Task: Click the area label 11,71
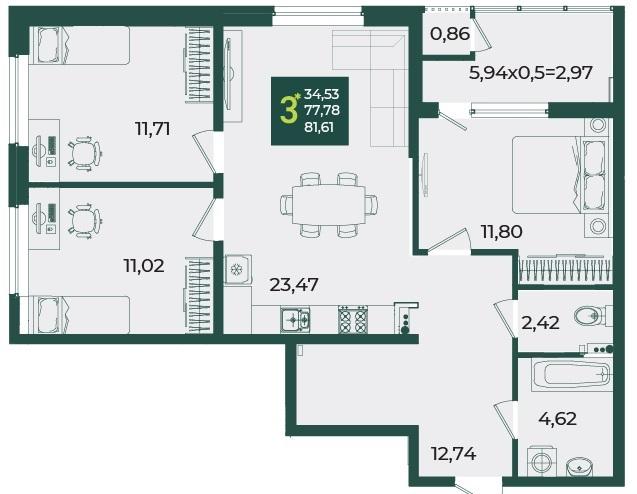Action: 152,129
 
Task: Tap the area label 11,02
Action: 144,266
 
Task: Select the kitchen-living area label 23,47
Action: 294,285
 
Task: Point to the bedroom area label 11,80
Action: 502,232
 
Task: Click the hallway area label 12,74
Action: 454,453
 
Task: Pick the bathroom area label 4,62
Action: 557,418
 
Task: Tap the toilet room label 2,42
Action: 540,323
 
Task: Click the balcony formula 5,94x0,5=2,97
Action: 531,73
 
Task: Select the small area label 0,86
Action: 450,34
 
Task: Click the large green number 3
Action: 288,110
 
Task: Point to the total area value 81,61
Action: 319,128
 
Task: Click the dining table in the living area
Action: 329,204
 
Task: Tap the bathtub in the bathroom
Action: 572,374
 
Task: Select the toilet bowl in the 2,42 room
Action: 589,315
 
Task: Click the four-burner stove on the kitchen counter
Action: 353,319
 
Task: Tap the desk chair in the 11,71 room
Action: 84,153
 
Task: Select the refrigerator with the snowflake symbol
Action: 237,269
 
